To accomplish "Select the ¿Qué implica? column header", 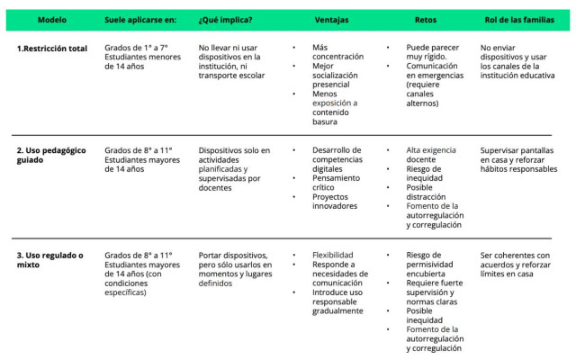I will (225, 20).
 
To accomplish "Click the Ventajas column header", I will (331, 20).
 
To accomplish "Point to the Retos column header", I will (427, 20).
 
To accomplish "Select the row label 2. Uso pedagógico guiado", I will (51, 155).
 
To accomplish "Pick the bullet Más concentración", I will (337, 52).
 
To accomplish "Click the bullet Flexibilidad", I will (332, 256).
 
